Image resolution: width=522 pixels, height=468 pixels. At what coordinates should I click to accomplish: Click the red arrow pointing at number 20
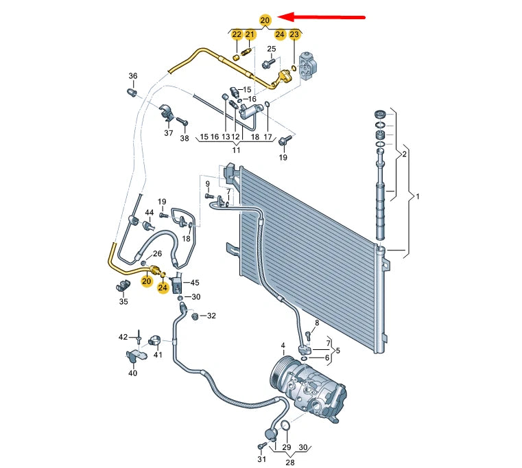pos(326,18)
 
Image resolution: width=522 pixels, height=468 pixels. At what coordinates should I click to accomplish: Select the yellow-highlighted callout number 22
pos(237,34)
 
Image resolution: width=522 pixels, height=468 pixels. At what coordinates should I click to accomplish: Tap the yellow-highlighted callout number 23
pos(294,34)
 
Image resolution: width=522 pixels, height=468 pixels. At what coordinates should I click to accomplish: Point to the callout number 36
pos(133,75)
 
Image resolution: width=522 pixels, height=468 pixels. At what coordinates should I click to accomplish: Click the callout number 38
pos(184,139)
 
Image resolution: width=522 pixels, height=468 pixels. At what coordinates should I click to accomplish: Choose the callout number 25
pos(271,49)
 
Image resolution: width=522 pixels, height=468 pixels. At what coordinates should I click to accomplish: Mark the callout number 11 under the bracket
pos(236,150)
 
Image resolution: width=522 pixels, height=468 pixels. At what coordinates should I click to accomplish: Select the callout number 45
pos(195,283)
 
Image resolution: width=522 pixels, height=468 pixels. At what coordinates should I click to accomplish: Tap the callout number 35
pos(123,301)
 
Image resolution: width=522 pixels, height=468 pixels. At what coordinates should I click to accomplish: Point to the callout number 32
pos(211,316)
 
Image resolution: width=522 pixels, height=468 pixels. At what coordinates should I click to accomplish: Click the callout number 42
pos(123,337)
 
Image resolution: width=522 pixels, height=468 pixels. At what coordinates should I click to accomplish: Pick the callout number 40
pos(132,373)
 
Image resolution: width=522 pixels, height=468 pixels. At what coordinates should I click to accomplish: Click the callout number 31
pos(261,459)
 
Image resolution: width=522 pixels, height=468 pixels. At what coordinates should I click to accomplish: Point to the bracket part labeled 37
pos(167,113)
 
